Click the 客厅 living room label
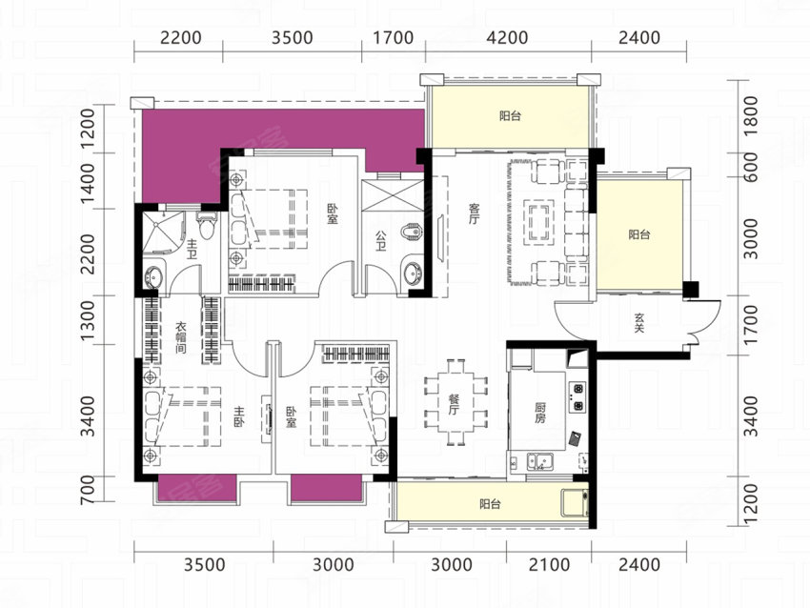coord(475,213)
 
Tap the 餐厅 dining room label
coord(454,404)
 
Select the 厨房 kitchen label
coord(539,414)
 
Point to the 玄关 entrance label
coord(639,323)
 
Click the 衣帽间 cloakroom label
coord(180,338)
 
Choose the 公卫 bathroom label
coord(381,241)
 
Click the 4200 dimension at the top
coord(508,38)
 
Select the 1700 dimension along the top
coord(394,38)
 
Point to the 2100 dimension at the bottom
coord(549,564)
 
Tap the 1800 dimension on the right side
coord(752,116)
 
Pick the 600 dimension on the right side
coord(752,167)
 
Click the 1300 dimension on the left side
coord(89,320)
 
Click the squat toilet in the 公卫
coord(413,233)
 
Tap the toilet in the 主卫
coord(207,225)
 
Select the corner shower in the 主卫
coord(163,233)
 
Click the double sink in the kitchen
coord(539,461)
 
